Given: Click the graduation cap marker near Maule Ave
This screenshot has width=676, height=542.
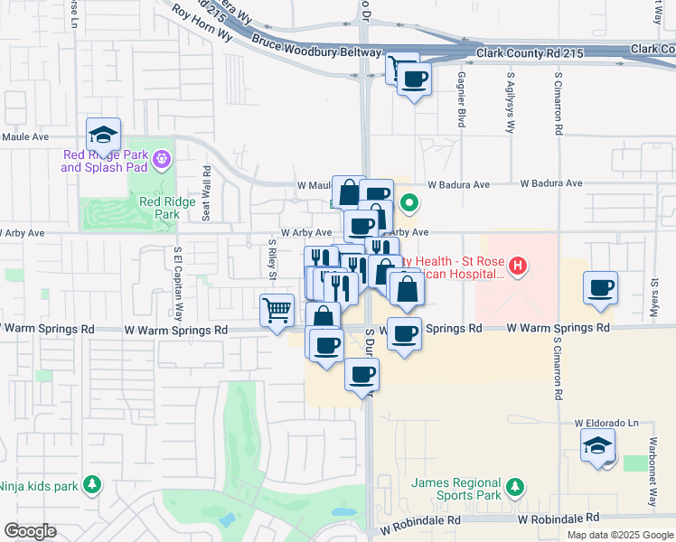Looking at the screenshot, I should pyautogui.click(x=104, y=135).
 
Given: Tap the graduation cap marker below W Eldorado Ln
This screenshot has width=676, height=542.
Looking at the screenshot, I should pyautogui.click(x=597, y=445).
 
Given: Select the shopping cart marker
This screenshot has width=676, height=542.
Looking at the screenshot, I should pyautogui.click(x=277, y=310).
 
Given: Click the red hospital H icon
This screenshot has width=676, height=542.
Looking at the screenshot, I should pyautogui.click(x=518, y=266).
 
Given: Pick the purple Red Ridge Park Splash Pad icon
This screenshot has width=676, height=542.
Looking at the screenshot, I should pyautogui.click(x=162, y=160).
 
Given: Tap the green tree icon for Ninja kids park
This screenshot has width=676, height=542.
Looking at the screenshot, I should pyautogui.click(x=91, y=486).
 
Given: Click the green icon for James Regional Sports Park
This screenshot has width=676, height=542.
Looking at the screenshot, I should pyautogui.click(x=514, y=488).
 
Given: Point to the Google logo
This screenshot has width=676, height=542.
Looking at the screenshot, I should pyautogui.click(x=30, y=531).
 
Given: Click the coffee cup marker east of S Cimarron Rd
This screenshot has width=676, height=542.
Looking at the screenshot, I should pyautogui.click(x=601, y=288).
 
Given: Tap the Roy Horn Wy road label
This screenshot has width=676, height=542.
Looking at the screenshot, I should pyautogui.click(x=199, y=19).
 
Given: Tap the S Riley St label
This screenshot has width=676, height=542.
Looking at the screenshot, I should pyautogui.click(x=272, y=258).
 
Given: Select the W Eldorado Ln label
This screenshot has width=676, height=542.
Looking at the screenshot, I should pyautogui.click(x=606, y=423).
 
